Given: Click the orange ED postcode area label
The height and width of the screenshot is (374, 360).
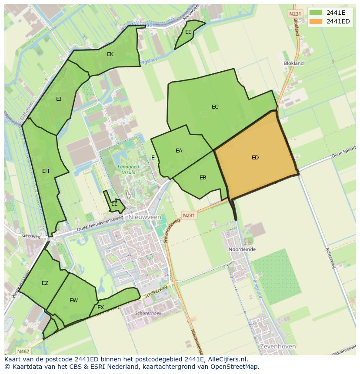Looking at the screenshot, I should click(x=255, y=158).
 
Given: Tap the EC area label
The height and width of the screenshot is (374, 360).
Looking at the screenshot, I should click(x=215, y=107).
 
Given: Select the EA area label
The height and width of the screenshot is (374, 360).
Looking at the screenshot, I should click(x=179, y=151).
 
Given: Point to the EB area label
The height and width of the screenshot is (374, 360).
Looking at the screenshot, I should click(x=203, y=178).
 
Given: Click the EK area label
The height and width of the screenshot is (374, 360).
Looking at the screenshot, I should click(x=110, y=54).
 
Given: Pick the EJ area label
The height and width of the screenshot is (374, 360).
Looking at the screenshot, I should click(x=59, y=99).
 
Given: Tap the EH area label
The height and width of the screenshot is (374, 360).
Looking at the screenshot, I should click(x=46, y=171).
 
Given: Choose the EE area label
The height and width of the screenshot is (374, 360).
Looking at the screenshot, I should click(x=188, y=32).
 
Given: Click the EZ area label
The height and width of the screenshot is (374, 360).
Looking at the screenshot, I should click(x=45, y=283).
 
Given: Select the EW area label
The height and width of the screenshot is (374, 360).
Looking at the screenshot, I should click(x=73, y=301).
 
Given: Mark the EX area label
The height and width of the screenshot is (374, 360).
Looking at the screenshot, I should click(x=100, y=308).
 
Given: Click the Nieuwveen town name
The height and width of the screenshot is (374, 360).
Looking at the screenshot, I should click(x=145, y=217).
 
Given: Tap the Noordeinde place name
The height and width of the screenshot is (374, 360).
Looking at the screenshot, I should click(x=242, y=250).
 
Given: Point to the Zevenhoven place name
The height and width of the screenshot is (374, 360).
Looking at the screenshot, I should click(x=278, y=347).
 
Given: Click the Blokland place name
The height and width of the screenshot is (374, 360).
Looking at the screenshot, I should click(x=293, y=63).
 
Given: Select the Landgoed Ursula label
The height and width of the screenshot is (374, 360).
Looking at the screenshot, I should click(x=126, y=169).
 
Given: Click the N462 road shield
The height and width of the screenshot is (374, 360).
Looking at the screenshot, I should click(x=23, y=351).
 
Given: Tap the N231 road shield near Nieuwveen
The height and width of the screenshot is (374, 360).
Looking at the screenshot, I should click(x=189, y=215).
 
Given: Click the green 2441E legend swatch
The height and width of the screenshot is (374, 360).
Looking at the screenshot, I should click(x=316, y=13).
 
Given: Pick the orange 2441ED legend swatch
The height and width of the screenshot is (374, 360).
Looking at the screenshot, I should click(x=316, y=21).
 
